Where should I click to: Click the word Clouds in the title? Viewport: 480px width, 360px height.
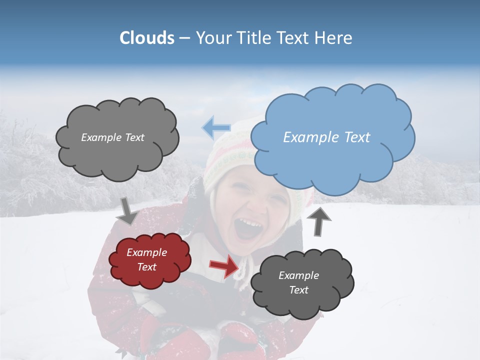click(147, 38)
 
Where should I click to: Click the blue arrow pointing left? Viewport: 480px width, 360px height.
click(216, 128)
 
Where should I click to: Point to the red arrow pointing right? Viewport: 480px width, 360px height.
click(224, 266)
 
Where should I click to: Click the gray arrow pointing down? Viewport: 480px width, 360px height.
click(127, 211)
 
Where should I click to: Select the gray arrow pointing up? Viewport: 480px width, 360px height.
click(321, 220)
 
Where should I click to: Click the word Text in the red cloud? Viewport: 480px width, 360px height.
click(147, 267)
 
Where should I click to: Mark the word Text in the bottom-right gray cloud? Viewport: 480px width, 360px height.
click(299, 290)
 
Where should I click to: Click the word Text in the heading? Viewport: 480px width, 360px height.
click(293, 38)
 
